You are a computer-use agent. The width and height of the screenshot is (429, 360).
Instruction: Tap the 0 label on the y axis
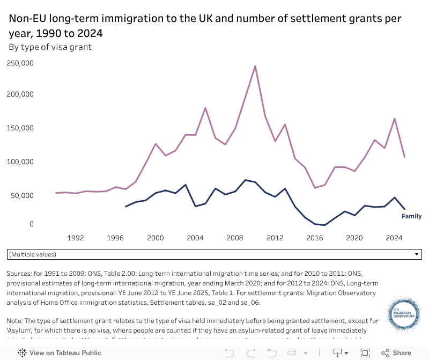point(32,224)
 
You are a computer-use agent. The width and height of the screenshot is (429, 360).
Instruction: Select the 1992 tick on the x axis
point(76,238)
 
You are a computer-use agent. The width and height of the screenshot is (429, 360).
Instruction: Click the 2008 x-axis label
point(235,238)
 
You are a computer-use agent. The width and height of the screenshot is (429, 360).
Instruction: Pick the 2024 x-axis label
point(394,238)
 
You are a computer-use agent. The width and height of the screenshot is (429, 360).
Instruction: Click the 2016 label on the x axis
point(315,238)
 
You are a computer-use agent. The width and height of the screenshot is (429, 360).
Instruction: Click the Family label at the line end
point(411,217)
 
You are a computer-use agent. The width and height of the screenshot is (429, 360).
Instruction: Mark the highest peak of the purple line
point(255,66)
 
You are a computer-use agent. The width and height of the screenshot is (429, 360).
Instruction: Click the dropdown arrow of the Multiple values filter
point(417,254)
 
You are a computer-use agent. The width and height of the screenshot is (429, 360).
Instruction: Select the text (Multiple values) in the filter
point(33,254)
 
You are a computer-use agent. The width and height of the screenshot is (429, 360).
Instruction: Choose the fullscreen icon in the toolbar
point(365,353)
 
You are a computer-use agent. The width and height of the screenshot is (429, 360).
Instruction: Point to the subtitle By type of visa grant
point(50,47)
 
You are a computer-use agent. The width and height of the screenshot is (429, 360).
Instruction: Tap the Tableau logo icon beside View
point(23,353)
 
